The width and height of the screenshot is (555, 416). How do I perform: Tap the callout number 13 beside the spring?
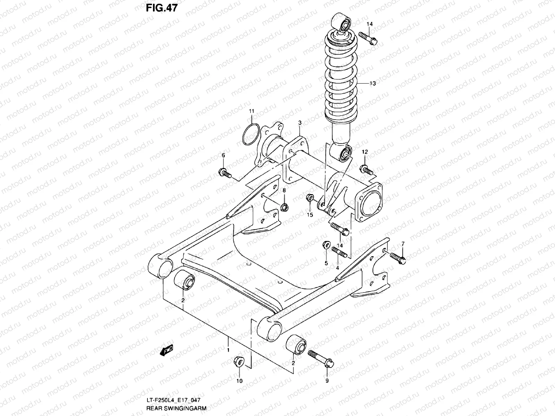[x=373, y=84]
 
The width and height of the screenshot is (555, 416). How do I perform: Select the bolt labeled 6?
[x=224, y=172]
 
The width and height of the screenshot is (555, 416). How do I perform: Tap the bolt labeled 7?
[x=398, y=258]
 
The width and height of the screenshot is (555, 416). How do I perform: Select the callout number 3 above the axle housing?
[x=300, y=123]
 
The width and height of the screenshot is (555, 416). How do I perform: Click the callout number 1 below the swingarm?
[x=228, y=341]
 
